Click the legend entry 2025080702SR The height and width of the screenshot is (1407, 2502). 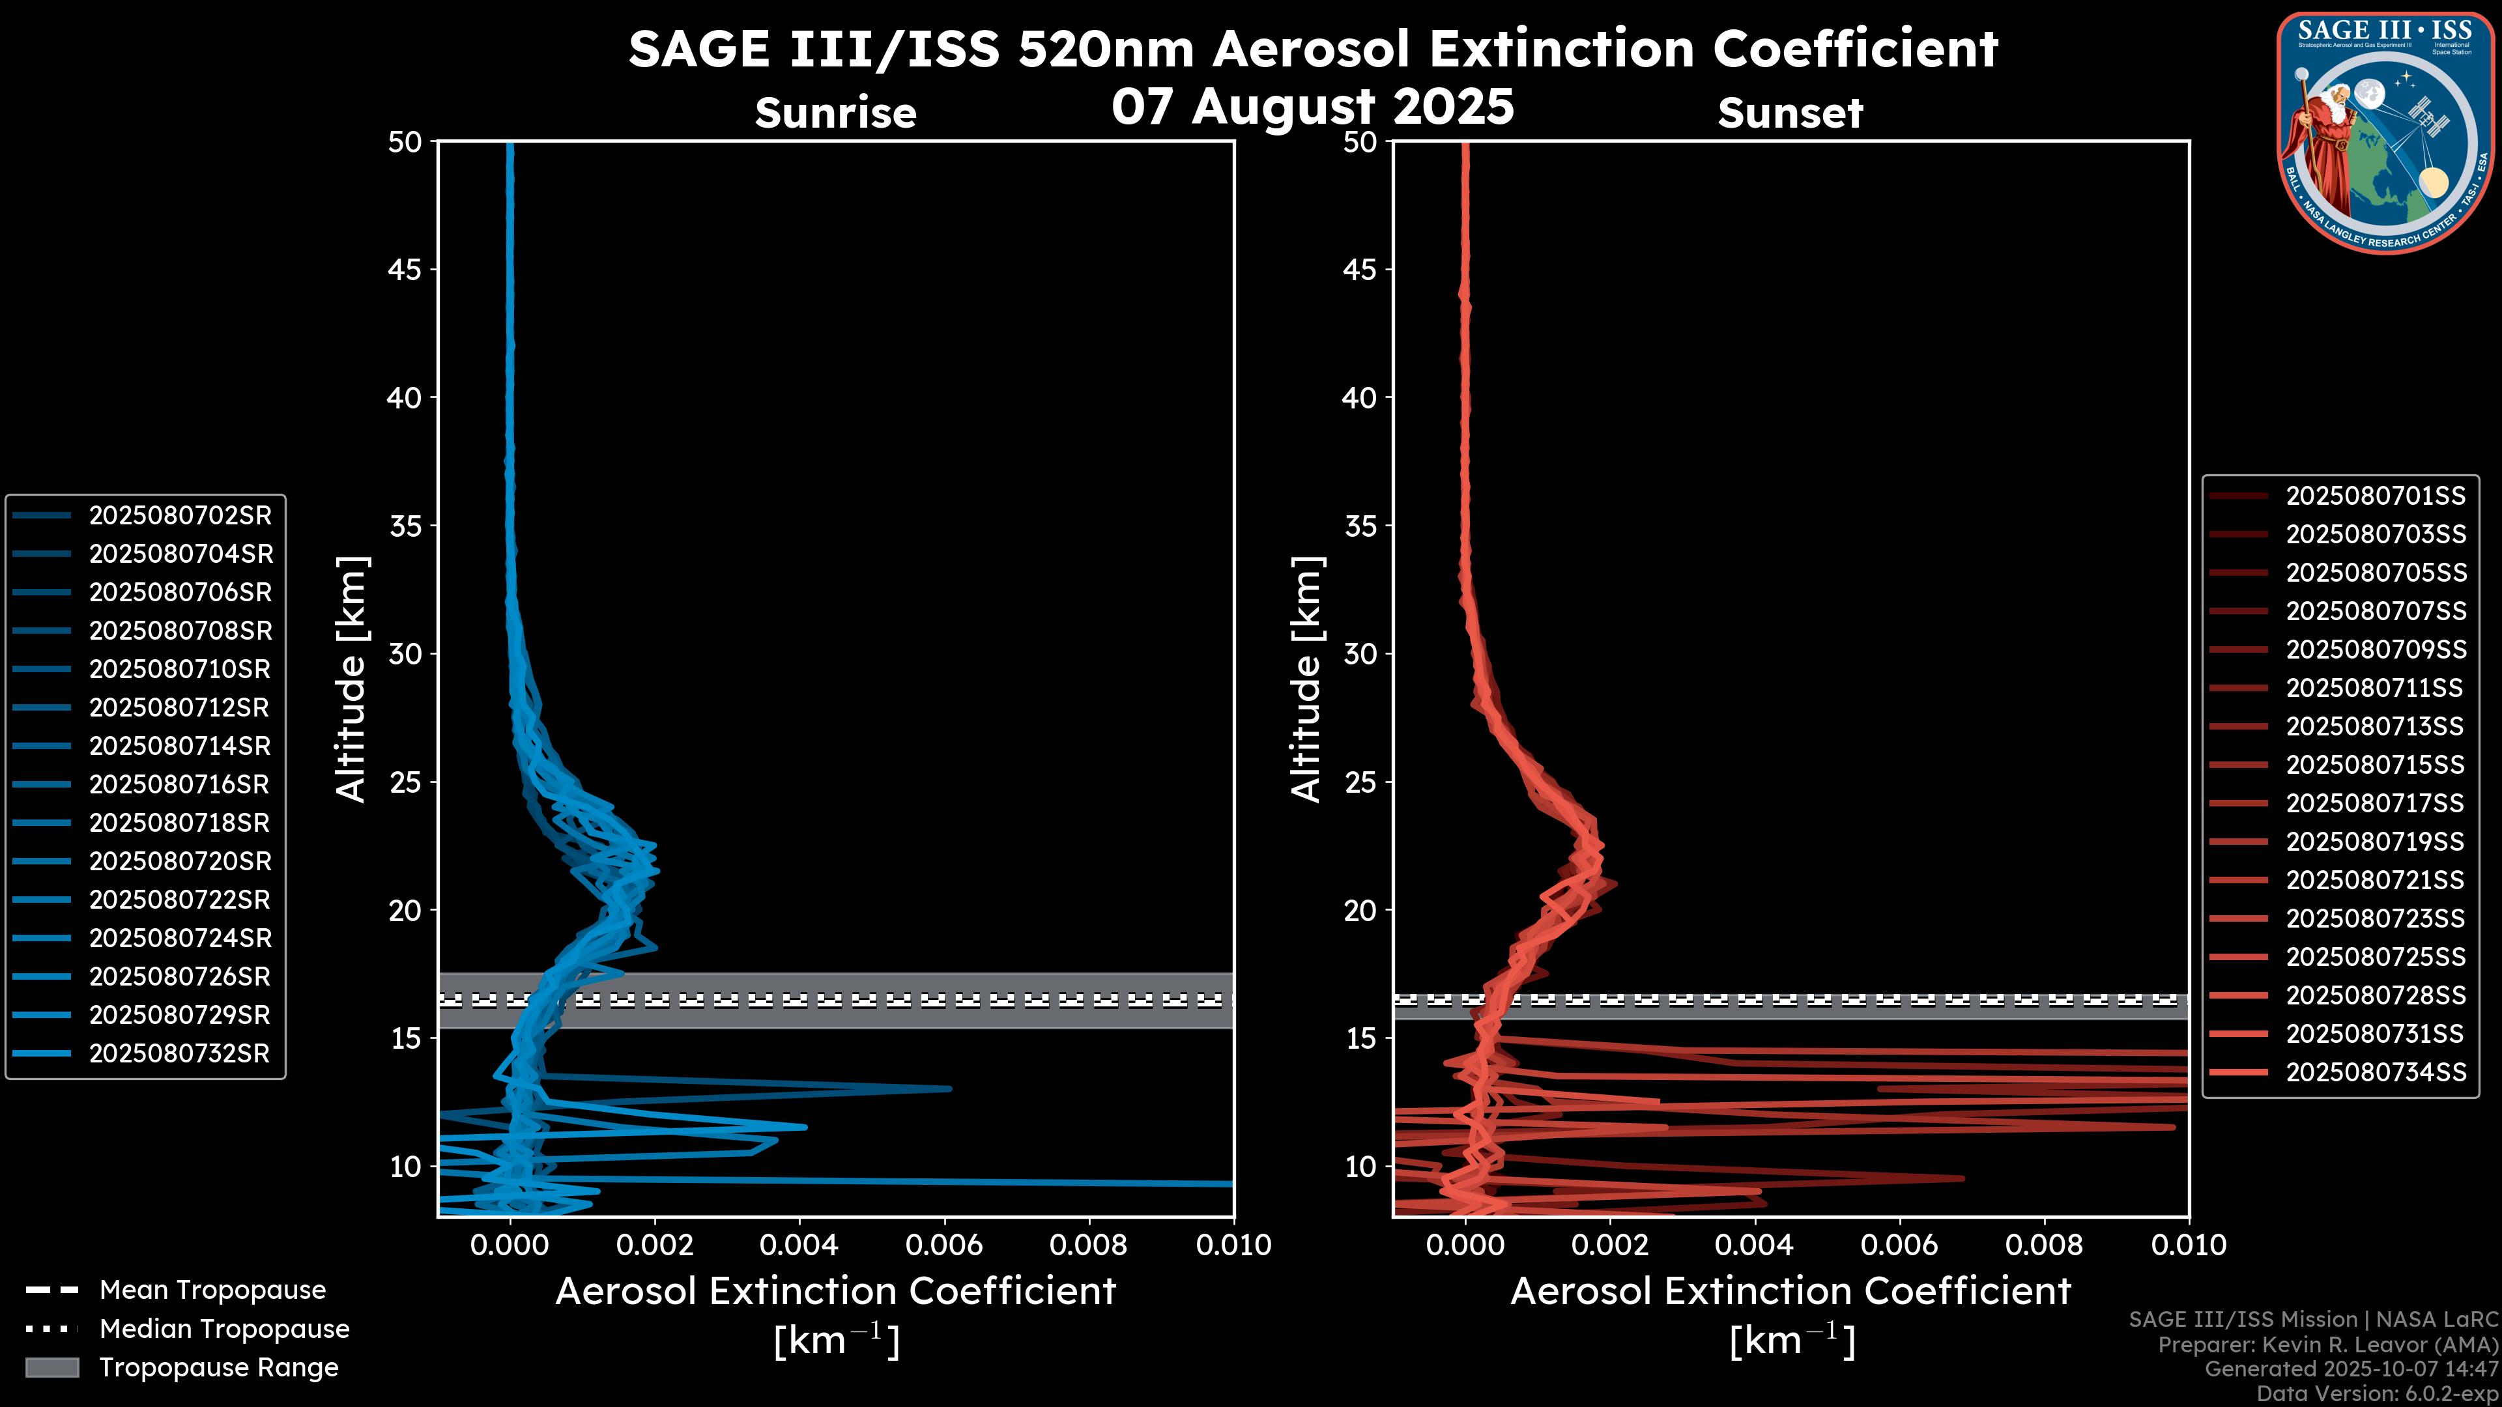click(x=180, y=516)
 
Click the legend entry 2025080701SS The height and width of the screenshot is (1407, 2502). click(x=2375, y=496)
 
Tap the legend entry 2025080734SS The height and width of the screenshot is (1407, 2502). click(x=2375, y=1072)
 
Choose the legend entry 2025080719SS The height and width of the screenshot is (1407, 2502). click(x=2375, y=842)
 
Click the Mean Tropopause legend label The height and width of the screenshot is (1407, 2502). click(x=212, y=1290)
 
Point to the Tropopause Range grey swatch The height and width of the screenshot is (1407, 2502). click(x=52, y=1367)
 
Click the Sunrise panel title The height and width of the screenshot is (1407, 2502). click(x=835, y=113)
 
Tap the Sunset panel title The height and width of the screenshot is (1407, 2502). click(x=1790, y=113)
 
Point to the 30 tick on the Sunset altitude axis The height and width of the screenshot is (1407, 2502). click(x=1360, y=653)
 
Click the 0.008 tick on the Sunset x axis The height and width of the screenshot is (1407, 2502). click(x=2045, y=1245)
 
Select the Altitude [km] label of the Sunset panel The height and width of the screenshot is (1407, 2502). click(x=1306, y=679)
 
